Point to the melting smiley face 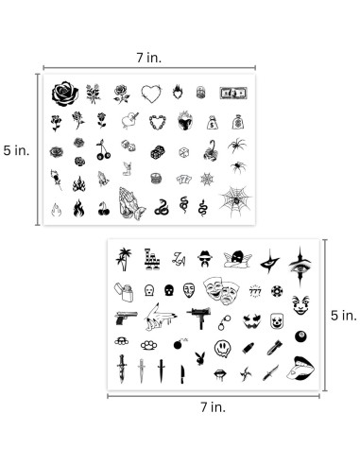(x=223, y=350)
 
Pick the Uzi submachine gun (x=199, y=319)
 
